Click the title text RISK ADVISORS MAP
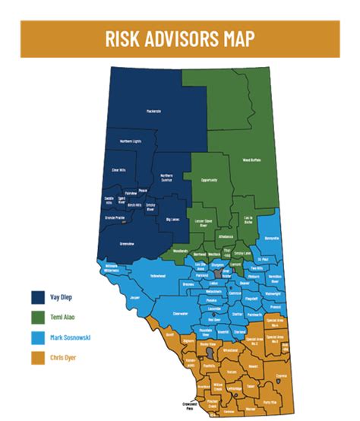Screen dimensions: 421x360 (x=179, y=38)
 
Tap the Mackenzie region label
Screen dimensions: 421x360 (x=153, y=112)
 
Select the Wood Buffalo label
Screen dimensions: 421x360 (x=251, y=160)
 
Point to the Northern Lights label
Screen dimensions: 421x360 (x=131, y=141)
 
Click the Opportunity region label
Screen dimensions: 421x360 (x=209, y=180)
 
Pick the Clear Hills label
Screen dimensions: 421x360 (x=118, y=169)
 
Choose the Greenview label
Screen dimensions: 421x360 (x=127, y=243)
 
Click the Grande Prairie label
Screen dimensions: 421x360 (x=115, y=217)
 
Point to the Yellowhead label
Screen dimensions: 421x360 (x=157, y=276)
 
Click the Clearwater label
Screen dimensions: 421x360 (x=180, y=312)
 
